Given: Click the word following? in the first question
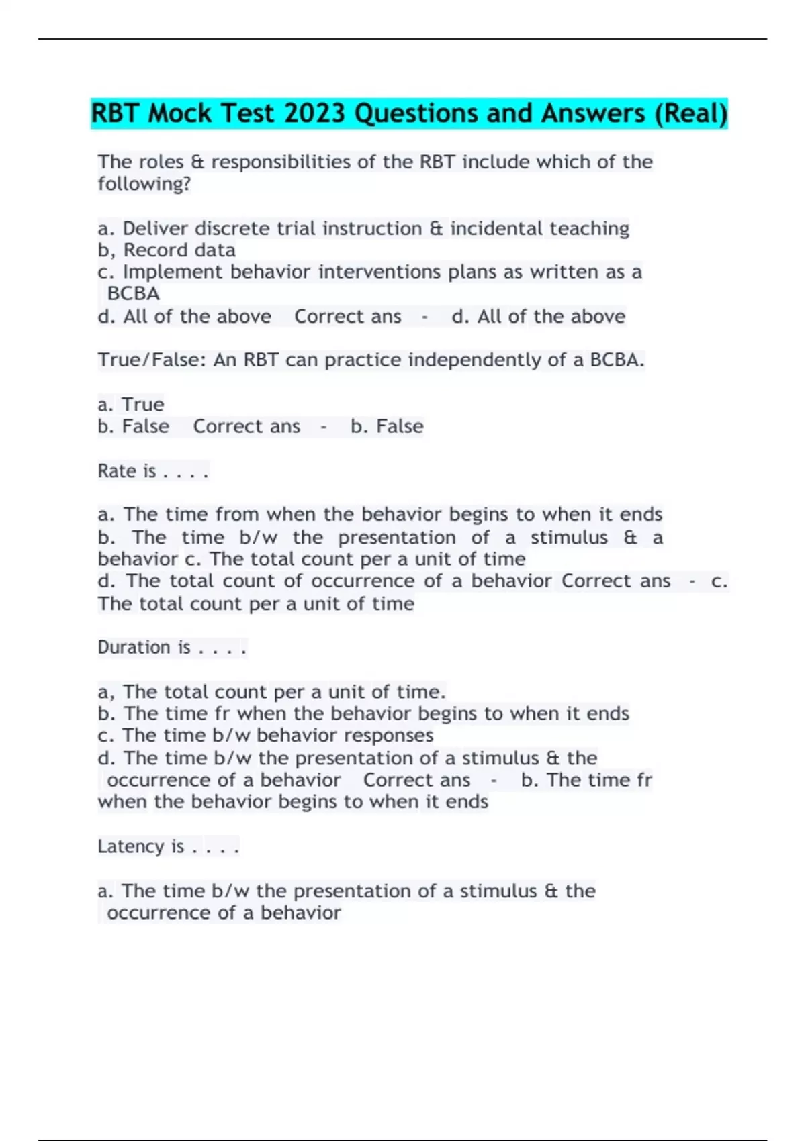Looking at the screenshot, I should (144, 184).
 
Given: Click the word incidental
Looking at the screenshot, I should (497, 228).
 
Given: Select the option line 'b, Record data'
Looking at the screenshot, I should (167, 250).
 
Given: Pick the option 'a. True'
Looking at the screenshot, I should (131, 405).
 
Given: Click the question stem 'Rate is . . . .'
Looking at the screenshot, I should (153, 471).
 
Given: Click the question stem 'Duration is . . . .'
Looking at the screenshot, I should (172, 648).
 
